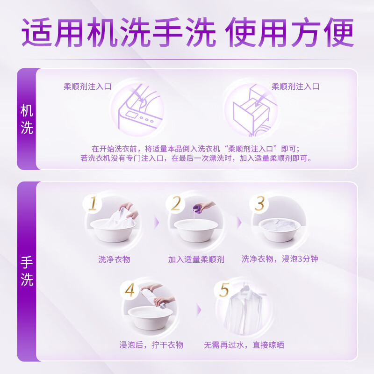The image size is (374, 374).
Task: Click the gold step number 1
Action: [93, 203]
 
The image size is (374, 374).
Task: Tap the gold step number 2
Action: [176, 203]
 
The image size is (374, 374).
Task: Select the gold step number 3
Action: [259, 203]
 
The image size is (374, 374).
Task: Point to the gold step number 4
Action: [130, 290]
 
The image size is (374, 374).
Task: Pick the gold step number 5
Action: [224, 290]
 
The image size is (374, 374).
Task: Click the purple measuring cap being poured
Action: [198, 209]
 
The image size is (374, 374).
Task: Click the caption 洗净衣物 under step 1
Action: [114, 259]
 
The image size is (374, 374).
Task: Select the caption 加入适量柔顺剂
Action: [196, 259]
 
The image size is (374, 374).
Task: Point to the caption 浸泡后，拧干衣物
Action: [151, 345]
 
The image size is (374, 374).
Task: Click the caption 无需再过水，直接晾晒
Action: [244, 345]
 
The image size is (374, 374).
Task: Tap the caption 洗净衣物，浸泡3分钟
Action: [280, 259]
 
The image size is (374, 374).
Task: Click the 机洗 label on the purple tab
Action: [27, 119]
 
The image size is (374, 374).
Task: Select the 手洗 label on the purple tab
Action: [27, 271]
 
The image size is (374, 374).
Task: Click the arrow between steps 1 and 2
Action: [157, 223]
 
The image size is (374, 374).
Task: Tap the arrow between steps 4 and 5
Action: [199, 310]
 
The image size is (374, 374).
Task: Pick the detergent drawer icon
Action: [253, 110]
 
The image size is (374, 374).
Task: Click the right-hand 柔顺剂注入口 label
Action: [295, 86]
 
